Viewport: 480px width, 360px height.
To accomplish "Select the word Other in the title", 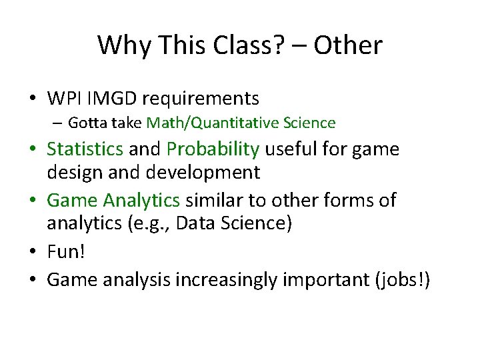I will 348,45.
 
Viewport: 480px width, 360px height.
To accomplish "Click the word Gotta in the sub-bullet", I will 83,123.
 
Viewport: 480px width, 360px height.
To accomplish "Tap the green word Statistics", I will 85,149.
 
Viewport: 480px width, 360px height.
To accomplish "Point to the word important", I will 318,281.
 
